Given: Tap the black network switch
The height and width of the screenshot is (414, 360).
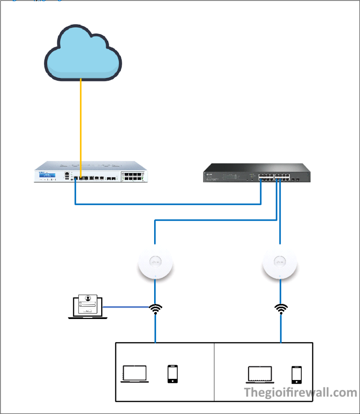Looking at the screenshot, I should [257, 173].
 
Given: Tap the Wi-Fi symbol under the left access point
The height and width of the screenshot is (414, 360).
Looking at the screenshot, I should [155, 309].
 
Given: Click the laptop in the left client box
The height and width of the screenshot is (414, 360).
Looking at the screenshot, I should [135, 374].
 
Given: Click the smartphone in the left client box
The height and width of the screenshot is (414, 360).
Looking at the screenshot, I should [173, 374].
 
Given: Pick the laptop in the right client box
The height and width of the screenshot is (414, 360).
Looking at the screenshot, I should [260, 374].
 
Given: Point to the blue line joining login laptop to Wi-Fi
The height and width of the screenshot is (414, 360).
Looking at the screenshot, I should [125, 307].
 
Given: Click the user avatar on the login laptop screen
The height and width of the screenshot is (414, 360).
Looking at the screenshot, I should [88, 299].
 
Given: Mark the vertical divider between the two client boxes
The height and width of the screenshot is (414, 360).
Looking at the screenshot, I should [214, 372].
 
